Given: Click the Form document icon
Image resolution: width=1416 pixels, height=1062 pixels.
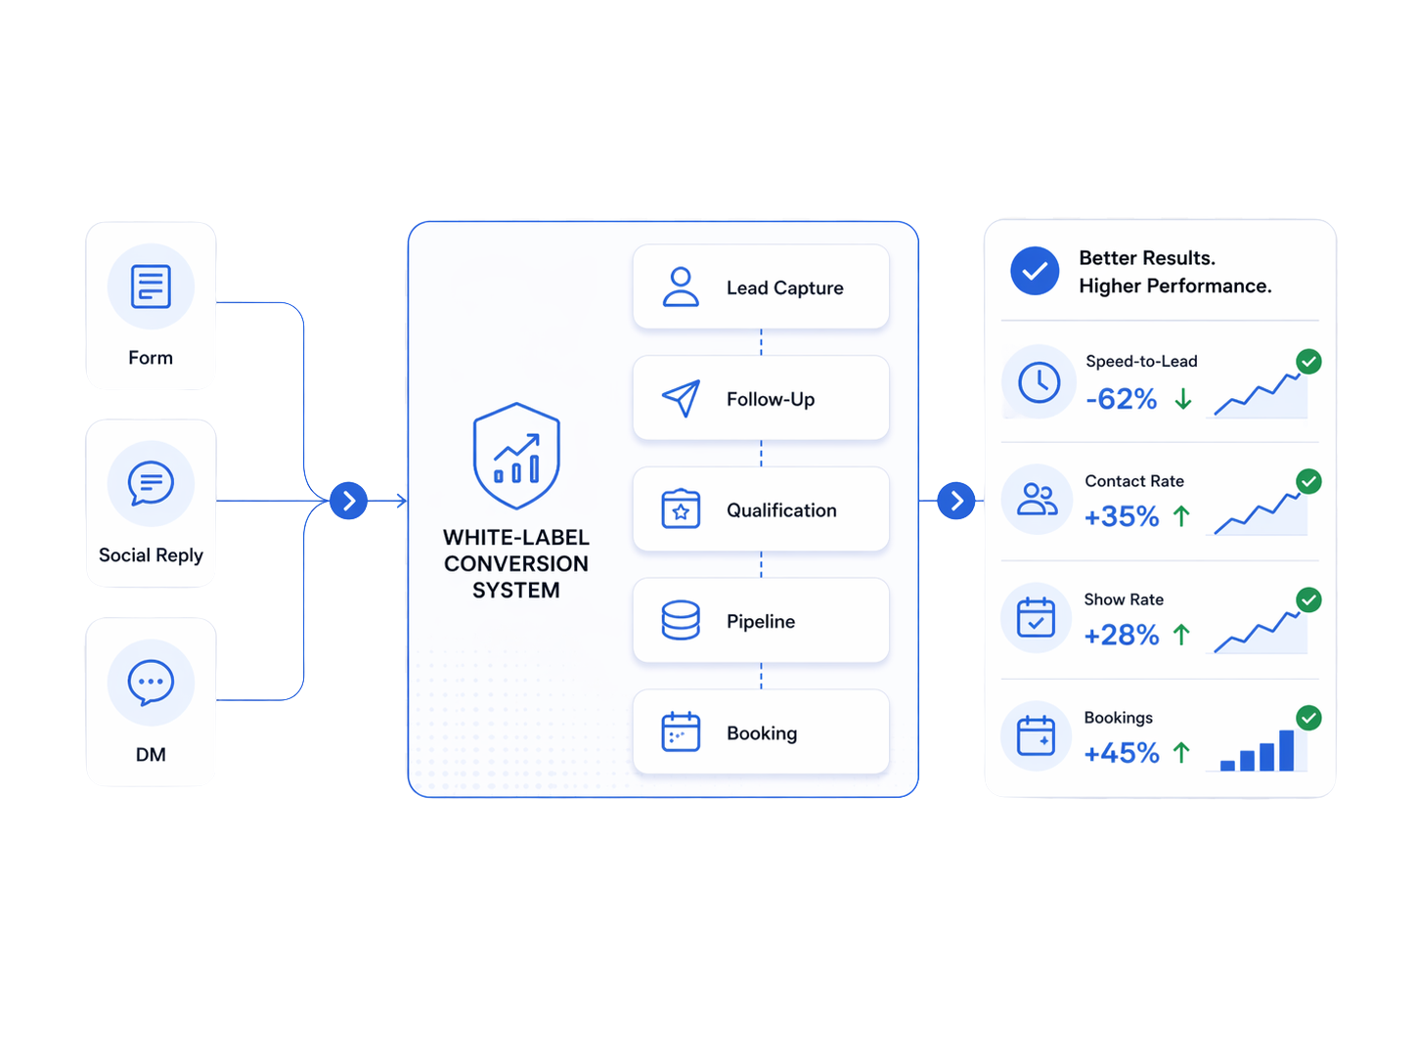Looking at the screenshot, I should [151, 287].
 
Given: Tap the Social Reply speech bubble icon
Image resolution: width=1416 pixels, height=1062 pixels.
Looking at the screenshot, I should [151, 483].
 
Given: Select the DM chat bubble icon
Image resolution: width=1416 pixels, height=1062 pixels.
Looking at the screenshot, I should [151, 683].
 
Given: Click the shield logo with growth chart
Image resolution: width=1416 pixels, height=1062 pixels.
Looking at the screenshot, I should [516, 456].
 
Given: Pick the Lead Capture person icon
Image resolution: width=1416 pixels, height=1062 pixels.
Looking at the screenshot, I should [681, 288].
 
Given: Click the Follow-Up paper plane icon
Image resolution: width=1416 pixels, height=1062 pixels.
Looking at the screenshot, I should [681, 398].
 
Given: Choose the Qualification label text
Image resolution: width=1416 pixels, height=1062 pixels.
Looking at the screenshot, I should [781, 510].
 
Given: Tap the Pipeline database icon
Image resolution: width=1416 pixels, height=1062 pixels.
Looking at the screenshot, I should [681, 621].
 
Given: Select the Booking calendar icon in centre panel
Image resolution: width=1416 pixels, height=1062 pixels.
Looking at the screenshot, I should [681, 732].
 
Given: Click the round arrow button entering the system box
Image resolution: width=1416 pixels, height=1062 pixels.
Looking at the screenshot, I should [348, 501].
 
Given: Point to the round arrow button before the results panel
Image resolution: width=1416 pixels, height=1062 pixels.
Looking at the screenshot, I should [956, 501].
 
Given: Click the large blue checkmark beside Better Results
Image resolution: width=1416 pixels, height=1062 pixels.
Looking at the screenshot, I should [1035, 271].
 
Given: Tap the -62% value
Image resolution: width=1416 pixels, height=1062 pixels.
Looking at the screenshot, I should [1121, 399].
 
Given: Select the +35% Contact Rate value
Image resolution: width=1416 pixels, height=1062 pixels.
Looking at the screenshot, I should [1121, 516].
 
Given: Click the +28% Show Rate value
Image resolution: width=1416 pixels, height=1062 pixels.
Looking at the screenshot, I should [1121, 636].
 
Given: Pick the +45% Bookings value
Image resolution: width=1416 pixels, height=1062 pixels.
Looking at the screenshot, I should [1121, 753].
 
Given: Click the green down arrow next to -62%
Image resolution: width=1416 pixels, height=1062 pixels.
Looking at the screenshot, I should [1183, 399].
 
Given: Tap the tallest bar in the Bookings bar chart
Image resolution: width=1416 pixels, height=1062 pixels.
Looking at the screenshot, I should [1286, 751].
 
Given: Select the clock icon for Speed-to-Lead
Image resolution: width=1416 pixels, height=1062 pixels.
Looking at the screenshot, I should [1039, 382].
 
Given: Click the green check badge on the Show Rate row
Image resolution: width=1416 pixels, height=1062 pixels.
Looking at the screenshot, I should [1308, 599].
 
